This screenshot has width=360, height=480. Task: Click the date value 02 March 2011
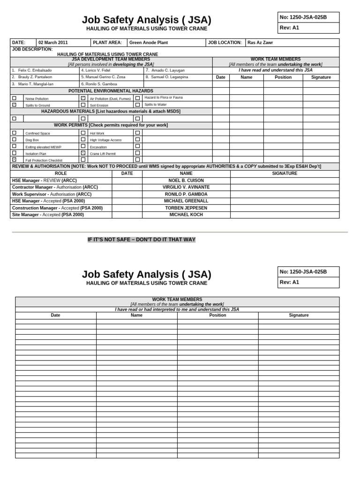click(x=53, y=42)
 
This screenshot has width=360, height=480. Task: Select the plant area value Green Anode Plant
click(x=143, y=42)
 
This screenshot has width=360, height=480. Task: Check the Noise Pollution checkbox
click(x=14, y=98)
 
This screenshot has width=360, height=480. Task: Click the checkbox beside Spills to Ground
click(x=14, y=105)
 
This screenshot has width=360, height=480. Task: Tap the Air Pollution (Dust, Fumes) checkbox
click(x=83, y=98)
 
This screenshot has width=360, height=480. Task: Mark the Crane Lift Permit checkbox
click(x=83, y=153)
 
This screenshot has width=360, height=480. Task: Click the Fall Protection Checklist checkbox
click(x=14, y=160)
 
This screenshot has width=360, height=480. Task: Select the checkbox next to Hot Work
click(x=83, y=133)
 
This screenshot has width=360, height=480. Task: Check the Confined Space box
click(x=14, y=133)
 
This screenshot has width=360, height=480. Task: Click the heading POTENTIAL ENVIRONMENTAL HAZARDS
click(x=111, y=91)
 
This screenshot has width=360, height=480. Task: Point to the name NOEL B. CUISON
click(x=186, y=180)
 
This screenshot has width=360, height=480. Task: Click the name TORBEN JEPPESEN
click(x=186, y=208)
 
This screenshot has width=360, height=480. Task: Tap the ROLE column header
click(x=61, y=173)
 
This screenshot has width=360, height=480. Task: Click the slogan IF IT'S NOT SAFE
click(x=142, y=240)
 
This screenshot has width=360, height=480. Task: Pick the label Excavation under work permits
click(x=98, y=147)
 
